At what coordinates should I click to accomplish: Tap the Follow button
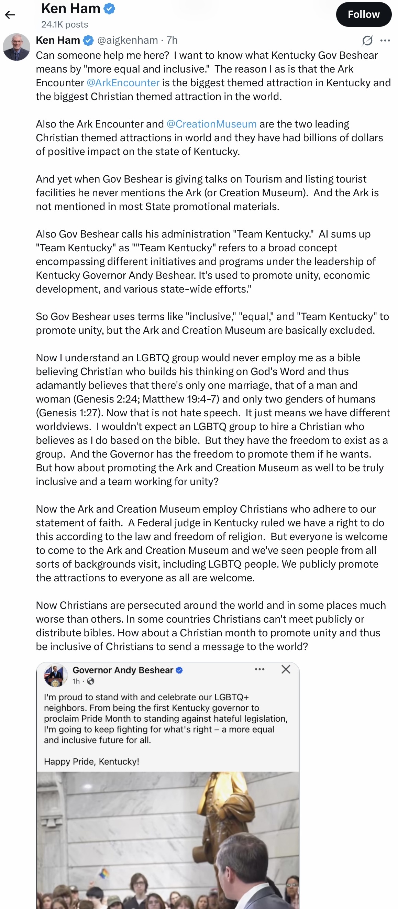(363, 14)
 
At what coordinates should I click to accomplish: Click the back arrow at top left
(10, 15)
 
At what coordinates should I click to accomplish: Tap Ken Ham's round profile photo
(16, 47)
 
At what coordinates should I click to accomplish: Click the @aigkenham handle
(128, 40)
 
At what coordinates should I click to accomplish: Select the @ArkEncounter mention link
(123, 83)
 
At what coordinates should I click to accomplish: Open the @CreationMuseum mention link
(211, 124)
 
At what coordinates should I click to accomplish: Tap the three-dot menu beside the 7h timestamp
(385, 41)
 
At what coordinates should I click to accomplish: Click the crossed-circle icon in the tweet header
(367, 41)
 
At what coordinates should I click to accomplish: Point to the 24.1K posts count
(65, 24)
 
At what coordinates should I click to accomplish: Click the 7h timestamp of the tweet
(172, 40)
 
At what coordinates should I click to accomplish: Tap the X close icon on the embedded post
(286, 669)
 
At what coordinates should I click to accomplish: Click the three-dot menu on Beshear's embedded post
(259, 669)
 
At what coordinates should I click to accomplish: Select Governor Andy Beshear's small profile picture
(55, 675)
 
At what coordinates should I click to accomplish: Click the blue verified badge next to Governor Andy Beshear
(179, 670)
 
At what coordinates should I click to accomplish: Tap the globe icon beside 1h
(91, 681)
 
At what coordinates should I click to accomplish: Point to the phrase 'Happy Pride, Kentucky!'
(91, 761)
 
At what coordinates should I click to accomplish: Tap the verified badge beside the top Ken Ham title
(110, 9)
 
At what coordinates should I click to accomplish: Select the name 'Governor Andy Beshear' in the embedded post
(123, 670)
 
